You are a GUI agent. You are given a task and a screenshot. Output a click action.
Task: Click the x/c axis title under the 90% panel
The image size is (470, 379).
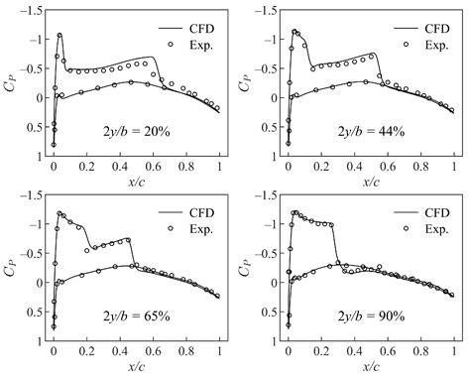(370, 367)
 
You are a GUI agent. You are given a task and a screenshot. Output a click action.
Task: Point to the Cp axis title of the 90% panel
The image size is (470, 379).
(248, 269)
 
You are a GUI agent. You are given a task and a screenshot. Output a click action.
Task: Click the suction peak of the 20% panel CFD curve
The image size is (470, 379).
(59, 35)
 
